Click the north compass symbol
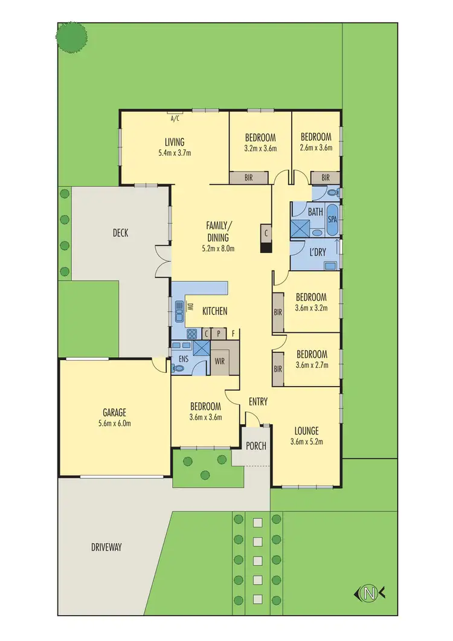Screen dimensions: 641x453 368,594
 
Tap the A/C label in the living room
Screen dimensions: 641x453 176,118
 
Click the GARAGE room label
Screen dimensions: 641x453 114,413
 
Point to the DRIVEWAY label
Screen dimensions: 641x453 106,547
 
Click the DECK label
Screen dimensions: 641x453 120,233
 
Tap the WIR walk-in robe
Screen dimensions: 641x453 220,361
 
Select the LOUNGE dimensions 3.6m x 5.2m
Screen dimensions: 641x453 306,441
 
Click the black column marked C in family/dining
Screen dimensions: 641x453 266,239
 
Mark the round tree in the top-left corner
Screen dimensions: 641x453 72,37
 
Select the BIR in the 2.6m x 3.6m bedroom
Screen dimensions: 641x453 326,178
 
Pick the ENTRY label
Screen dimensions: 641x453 258,402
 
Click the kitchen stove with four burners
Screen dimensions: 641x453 191,333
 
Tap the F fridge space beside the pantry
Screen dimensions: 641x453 233,333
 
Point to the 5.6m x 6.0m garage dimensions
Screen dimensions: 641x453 114,423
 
